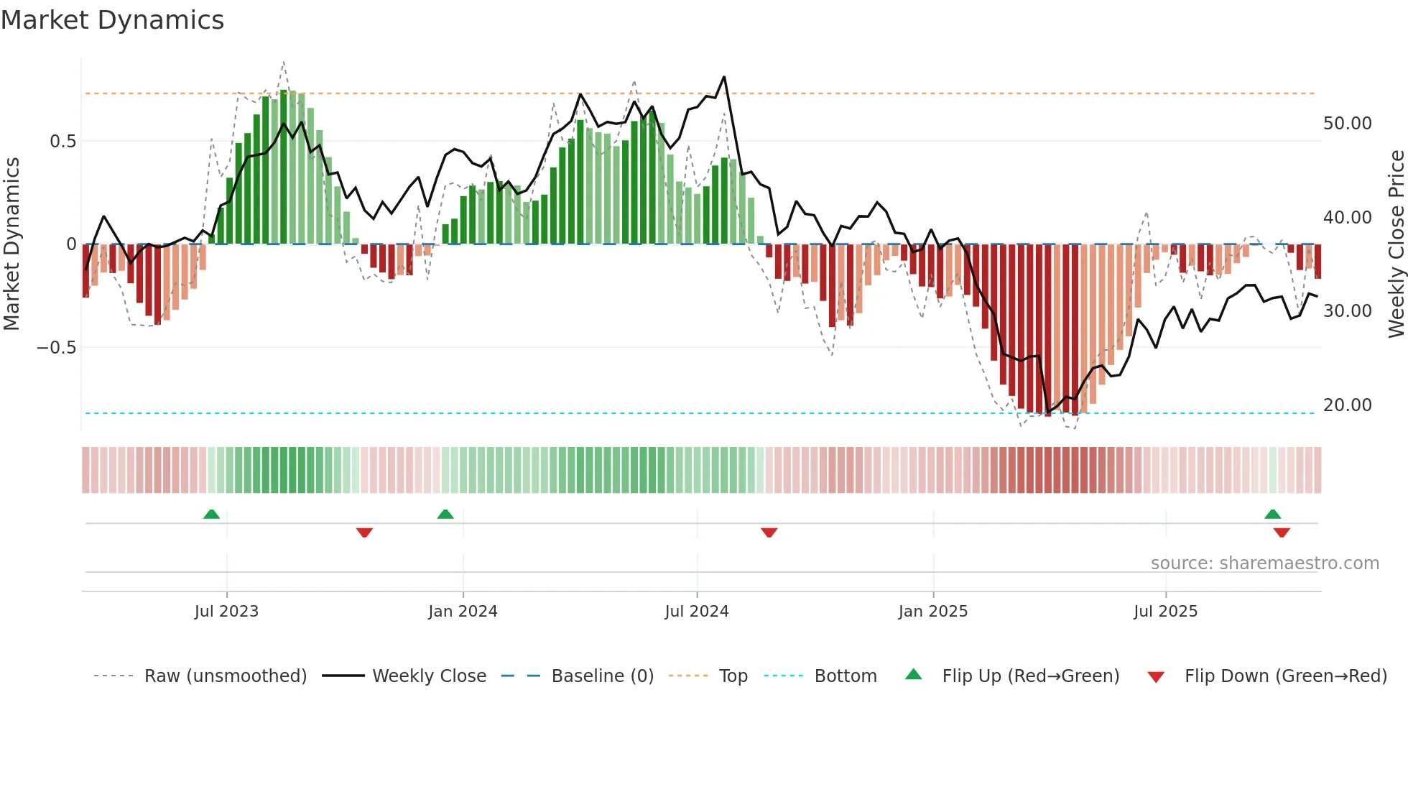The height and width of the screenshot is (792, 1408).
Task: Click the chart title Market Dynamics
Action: point(112,20)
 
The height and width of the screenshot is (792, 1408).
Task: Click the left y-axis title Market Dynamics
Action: point(12,244)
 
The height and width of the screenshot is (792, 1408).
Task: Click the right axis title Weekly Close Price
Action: point(1396,244)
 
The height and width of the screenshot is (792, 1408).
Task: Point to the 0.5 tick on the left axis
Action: point(62,142)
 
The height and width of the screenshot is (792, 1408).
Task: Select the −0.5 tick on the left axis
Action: point(57,348)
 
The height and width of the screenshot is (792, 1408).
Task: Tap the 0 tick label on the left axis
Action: point(70,244)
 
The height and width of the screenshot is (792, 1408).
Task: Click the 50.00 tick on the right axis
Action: point(1347,124)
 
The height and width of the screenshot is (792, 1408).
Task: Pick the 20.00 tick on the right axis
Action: point(1347,405)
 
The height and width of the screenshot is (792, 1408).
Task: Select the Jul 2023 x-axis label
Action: point(226,612)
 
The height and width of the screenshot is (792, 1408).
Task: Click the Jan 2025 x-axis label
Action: point(932,612)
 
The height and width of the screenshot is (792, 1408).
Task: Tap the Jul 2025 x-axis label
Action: point(1165,612)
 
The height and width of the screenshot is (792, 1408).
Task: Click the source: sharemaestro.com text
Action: point(1264,563)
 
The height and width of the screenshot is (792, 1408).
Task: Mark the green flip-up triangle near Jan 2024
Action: point(445,515)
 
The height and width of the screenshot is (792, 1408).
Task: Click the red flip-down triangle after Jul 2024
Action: point(769,533)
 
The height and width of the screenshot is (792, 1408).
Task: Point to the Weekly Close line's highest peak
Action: point(723,77)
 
